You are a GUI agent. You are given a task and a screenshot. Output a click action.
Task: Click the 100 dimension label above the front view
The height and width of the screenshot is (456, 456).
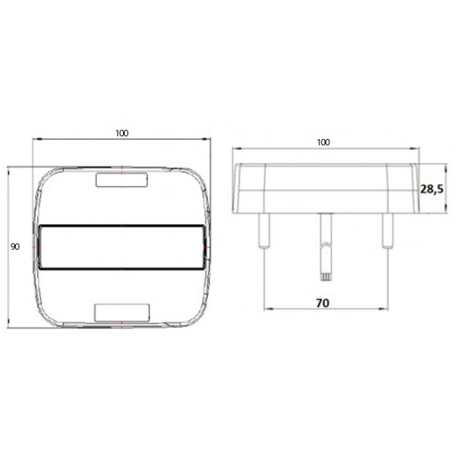(x=121, y=133)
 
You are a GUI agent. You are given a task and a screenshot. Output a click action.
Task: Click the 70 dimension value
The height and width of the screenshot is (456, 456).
(x=323, y=304)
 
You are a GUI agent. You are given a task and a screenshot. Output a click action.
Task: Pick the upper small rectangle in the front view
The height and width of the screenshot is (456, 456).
(x=121, y=181)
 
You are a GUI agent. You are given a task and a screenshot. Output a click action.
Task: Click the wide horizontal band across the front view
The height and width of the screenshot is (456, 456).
(x=121, y=247)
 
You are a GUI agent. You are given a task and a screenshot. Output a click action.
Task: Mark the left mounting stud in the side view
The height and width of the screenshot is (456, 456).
(x=264, y=229)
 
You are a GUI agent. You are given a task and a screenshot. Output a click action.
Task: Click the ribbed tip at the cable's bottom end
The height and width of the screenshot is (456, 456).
(x=324, y=272)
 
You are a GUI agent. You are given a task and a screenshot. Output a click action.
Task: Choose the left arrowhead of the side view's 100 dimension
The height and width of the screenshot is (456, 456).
(x=235, y=149)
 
